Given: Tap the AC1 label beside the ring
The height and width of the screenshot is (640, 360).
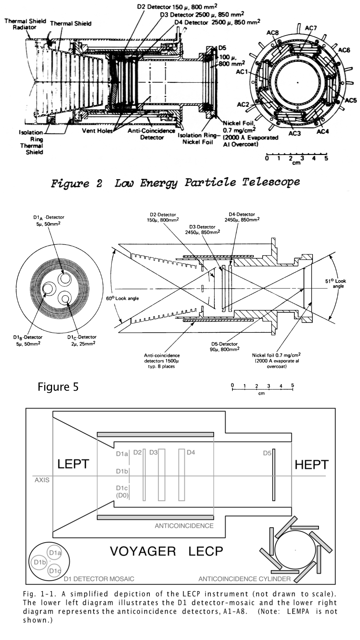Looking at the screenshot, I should click(242, 72).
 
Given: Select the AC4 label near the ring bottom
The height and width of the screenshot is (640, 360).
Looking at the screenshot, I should click(322, 131).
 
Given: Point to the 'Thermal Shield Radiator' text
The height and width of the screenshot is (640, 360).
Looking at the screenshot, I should click(25, 24).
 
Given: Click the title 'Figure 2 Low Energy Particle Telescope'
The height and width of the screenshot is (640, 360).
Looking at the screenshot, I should click(175, 183).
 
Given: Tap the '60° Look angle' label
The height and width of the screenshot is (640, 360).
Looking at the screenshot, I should click(123, 298).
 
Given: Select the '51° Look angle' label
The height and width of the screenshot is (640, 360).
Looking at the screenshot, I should click(337, 283).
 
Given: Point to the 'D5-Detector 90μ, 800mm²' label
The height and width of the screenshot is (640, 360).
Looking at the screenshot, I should click(224, 346).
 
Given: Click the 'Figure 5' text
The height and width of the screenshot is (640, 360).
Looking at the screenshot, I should click(58, 387).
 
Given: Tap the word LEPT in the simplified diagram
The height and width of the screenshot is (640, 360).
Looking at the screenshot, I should click(73, 464).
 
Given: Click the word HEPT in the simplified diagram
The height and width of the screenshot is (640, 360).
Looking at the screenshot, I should click(311, 465).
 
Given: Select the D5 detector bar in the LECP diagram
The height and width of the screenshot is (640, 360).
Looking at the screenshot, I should click(274, 474).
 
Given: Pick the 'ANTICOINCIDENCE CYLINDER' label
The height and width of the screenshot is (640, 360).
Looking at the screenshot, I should click(244, 578).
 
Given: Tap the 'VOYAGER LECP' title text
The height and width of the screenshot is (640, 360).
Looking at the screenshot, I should click(166, 551).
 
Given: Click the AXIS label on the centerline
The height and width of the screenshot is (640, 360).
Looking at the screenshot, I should click(42, 480).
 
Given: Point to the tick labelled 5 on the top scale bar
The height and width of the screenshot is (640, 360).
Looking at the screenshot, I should click(326, 158).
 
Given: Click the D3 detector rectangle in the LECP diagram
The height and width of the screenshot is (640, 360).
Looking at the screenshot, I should click(161, 474).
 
